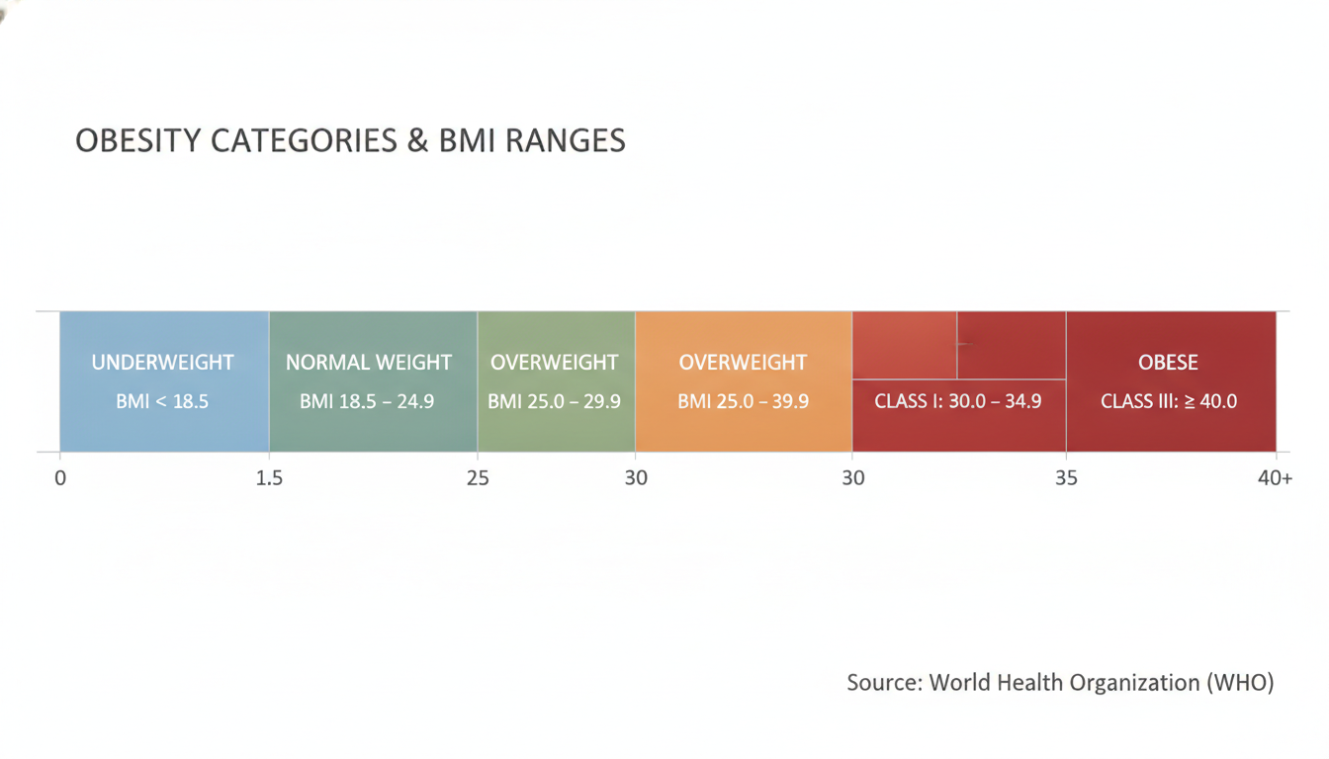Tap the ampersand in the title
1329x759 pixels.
[x=417, y=140]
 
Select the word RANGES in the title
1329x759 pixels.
[x=565, y=140]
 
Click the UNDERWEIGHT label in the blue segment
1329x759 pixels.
[x=162, y=363]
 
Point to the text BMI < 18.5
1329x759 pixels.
[x=162, y=401]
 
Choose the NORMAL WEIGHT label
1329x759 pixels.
[x=369, y=363]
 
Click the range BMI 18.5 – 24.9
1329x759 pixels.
[x=367, y=401]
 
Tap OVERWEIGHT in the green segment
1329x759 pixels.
[x=554, y=363]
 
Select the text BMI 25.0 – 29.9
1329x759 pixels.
[x=554, y=401]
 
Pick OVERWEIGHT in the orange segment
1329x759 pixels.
[x=743, y=363]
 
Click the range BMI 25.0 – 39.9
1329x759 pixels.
[x=743, y=401]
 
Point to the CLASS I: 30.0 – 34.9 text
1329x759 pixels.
[x=957, y=401]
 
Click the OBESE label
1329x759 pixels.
[x=1168, y=363]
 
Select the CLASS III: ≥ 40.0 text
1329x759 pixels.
[x=1169, y=401]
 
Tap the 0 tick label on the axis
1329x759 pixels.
[x=60, y=478]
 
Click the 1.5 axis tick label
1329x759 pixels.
[x=269, y=478]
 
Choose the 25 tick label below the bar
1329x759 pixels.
[x=478, y=478]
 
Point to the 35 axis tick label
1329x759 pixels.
[x=1066, y=478]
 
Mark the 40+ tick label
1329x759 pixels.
[x=1275, y=478]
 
